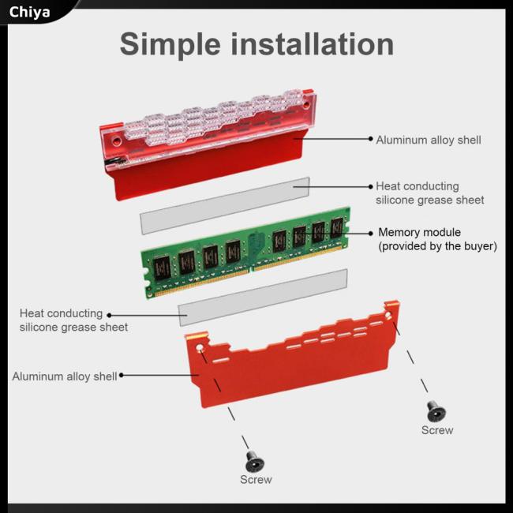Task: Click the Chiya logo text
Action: pyautogui.click(x=29, y=12)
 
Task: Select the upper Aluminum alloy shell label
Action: pyautogui.click(x=428, y=140)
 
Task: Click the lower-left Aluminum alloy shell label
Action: pyautogui.click(x=64, y=376)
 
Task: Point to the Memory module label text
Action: pyautogui.click(x=430, y=232)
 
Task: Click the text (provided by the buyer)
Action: pyautogui.click(x=437, y=246)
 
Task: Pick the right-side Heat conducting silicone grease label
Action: pyautogui.click(x=429, y=193)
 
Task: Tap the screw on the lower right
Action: pyautogui.click(x=436, y=412)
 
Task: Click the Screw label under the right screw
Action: pyautogui.click(x=436, y=430)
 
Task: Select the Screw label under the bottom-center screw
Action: pyautogui.click(x=256, y=480)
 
